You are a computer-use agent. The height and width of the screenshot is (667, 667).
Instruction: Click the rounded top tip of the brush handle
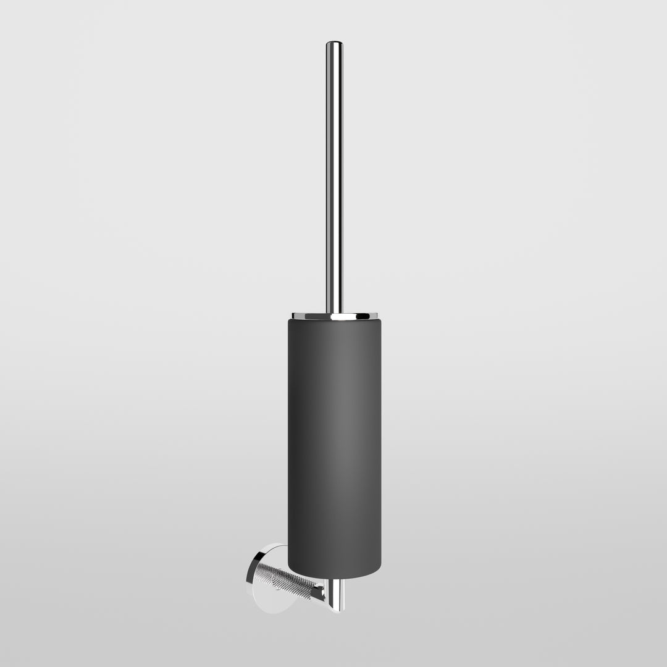pos(334,43)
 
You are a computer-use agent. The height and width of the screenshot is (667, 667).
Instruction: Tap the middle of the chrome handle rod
pos(334,179)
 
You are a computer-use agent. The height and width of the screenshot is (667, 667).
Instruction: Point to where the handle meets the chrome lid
pos(334,313)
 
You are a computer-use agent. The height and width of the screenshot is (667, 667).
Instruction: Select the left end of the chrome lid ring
pos(293,316)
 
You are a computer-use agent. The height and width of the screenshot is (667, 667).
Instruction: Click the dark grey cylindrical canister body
pos(334,445)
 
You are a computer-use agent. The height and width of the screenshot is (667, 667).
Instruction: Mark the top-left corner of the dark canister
pos(288,321)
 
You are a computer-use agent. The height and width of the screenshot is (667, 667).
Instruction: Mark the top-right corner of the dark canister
pos(380,321)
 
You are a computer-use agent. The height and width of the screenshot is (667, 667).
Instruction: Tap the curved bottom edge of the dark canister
pos(334,579)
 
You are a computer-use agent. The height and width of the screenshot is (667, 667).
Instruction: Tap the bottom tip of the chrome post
pos(335,610)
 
